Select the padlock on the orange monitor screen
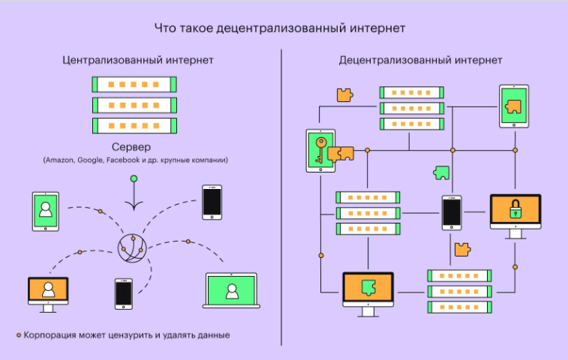point(515,211)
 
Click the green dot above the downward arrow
point(134,178)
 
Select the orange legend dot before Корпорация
point(18,335)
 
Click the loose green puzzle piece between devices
point(441,172)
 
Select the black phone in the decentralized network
point(451,212)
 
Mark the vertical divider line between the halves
point(281,195)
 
